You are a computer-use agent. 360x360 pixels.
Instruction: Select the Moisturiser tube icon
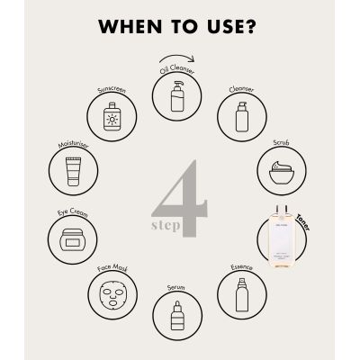point(74,168)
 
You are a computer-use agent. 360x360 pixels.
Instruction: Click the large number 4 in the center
point(184,200)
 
